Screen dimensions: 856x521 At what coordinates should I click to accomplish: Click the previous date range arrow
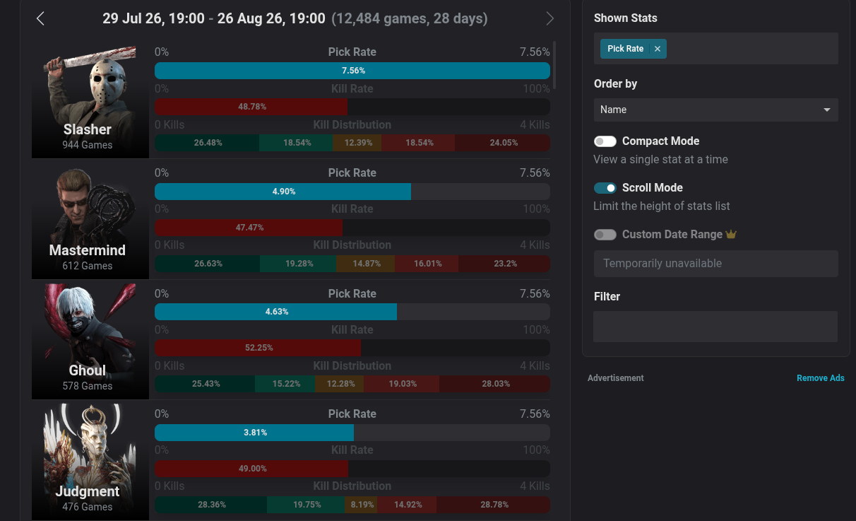click(40, 18)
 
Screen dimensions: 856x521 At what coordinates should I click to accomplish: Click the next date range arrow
click(549, 18)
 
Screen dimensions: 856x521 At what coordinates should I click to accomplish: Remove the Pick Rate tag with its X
click(658, 49)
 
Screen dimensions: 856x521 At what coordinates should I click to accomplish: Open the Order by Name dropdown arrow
click(827, 110)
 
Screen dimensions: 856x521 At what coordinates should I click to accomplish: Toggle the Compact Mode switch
click(605, 141)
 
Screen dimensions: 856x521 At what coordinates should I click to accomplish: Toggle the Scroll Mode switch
click(605, 188)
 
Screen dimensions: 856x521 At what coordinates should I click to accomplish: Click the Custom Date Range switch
click(605, 235)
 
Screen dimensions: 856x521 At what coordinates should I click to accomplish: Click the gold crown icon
click(731, 234)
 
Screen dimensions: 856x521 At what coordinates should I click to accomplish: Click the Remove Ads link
click(821, 378)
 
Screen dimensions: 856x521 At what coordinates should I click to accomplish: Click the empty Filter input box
click(715, 327)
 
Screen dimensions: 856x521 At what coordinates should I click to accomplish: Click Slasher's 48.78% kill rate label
click(252, 107)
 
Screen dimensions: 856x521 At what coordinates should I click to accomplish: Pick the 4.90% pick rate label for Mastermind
click(283, 192)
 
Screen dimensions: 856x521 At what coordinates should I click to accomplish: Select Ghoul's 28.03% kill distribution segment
click(495, 384)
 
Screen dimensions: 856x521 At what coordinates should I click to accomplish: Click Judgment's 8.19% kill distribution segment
click(362, 505)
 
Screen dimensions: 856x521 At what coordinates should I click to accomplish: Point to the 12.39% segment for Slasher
click(357, 143)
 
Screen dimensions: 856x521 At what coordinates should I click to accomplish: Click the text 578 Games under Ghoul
click(88, 386)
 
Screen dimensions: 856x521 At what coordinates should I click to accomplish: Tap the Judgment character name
click(88, 491)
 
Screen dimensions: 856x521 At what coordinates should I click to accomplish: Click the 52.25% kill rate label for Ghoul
click(259, 348)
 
